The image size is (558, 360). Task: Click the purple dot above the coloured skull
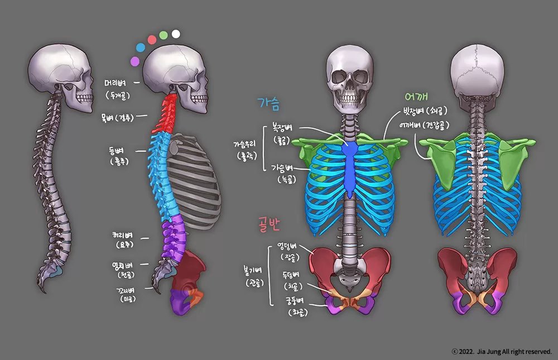[134, 60]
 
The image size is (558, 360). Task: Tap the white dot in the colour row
[176, 33]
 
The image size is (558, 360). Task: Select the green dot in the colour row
[163, 35]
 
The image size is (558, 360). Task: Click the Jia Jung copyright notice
[502, 352]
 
